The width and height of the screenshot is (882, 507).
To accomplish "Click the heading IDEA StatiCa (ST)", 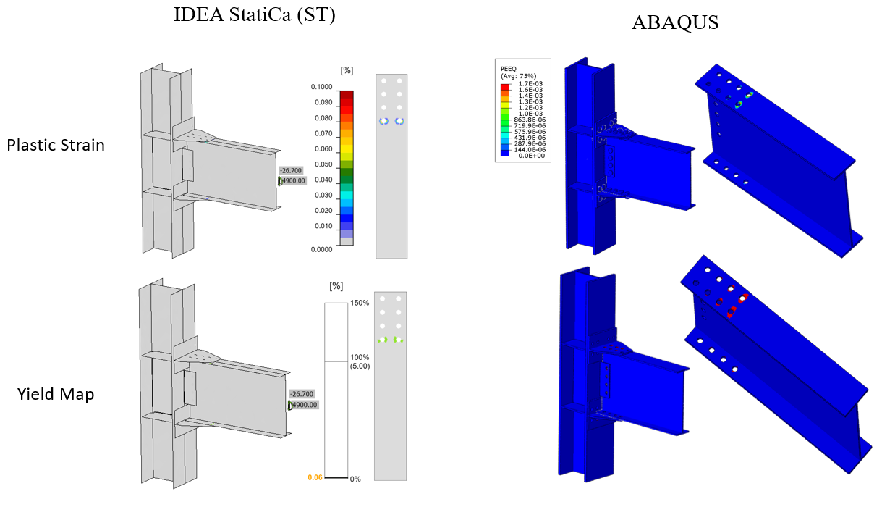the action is click(255, 15).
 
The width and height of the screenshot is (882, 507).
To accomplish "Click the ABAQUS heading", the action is click(675, 22).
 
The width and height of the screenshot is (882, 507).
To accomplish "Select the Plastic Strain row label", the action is click(56, 145).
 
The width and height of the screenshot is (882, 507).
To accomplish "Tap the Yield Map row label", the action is click(56, 394).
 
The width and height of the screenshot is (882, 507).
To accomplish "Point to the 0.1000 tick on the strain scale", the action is click(322, 87).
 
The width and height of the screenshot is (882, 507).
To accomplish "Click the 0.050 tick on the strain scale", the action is click(323, 164).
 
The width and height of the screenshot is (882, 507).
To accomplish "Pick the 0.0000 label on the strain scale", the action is click(322, 249).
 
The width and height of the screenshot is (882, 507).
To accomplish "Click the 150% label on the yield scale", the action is click(360, 303).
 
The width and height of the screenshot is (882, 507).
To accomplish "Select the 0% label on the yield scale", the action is click(355, 479).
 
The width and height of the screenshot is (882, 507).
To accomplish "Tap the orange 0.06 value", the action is click(315, 477).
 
